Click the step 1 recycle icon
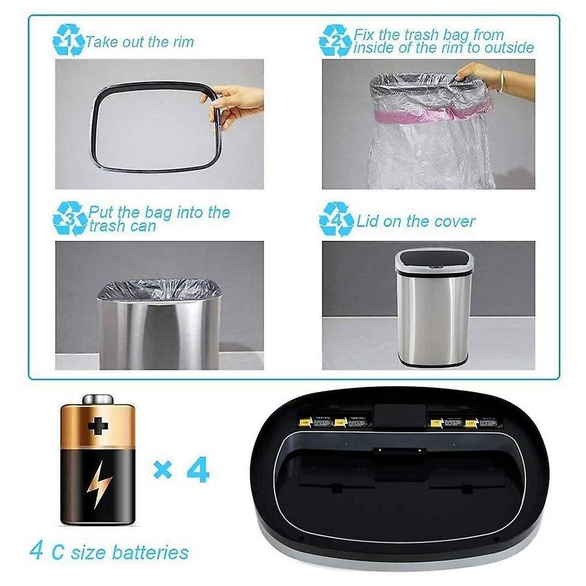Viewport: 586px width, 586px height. click(x=68, y=41)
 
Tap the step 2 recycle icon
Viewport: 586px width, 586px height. click(x=335, y=41)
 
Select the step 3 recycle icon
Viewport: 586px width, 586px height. click(x=69, y=218)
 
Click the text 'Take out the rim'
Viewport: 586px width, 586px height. click(x=139, y=43)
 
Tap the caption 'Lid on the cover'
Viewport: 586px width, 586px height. click(x=415, y=221)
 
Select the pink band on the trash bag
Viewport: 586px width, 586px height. click(x=430, y=114)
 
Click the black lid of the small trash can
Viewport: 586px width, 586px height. click(x=434, y=260)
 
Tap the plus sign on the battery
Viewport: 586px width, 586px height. click(x=98, y=426)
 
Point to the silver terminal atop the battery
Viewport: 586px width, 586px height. click(x=98, y=398)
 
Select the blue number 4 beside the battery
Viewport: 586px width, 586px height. click(x=198, y=468)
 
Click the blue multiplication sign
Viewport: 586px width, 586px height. click(x=162, y=469)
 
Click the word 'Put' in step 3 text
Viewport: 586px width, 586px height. click(x=101, y=212)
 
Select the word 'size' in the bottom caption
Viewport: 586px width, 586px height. click(x=89, y=553)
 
